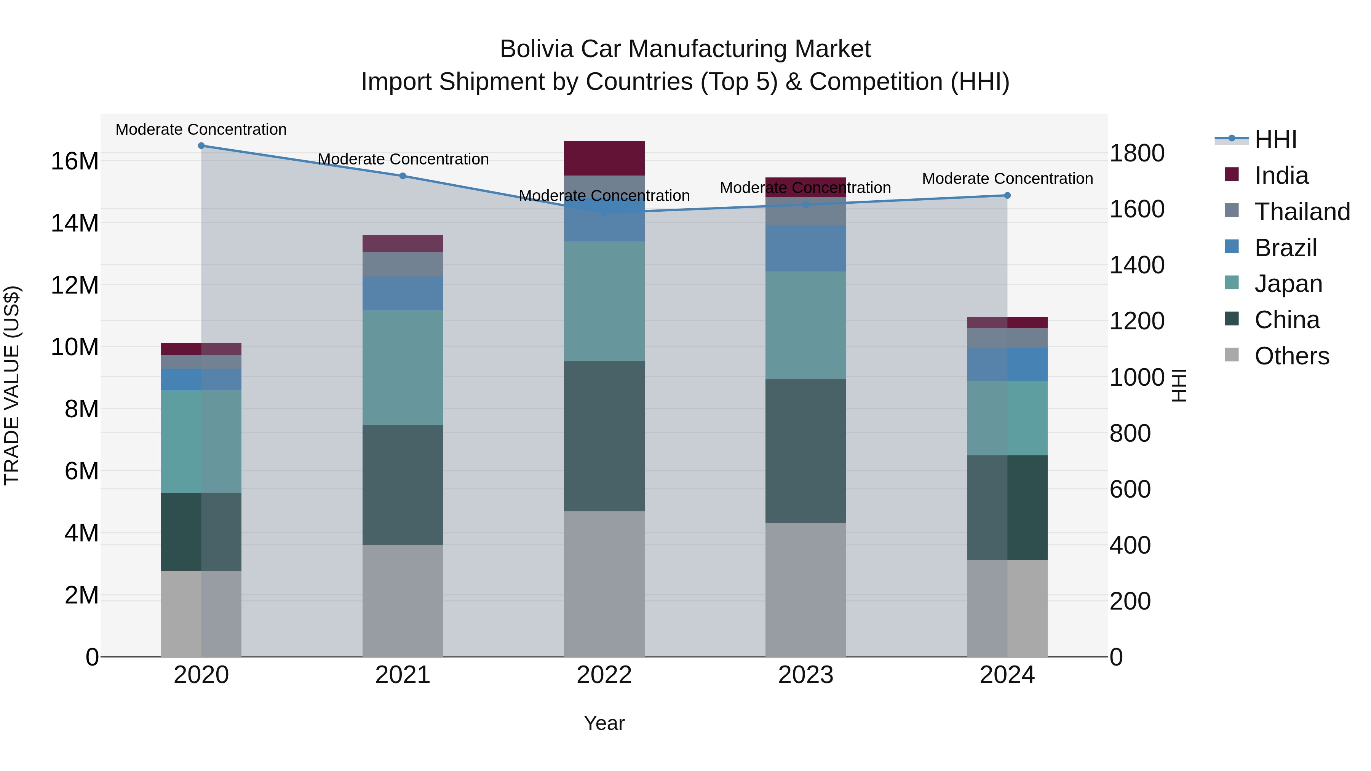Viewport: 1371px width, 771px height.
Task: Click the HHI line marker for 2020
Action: [201, 146]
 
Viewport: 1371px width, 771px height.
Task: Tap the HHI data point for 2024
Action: [1007, 195]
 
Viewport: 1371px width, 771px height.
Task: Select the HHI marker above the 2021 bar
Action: [403, 176]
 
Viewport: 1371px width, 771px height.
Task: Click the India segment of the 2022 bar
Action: [604, 158]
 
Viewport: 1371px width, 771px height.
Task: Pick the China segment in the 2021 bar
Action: [403, 484]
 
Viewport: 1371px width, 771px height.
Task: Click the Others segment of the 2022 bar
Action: [604, 584]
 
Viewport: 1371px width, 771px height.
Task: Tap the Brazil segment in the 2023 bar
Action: [805, 249]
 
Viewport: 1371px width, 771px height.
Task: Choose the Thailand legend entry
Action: [1302, 212]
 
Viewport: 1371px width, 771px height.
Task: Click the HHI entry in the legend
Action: [1275, 140]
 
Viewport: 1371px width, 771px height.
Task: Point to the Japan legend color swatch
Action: [1232, 283]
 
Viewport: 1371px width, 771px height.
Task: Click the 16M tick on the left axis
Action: [75, 161]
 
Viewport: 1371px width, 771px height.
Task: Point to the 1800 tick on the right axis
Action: [1137, 153]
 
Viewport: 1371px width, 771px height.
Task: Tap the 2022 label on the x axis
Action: [604, 675]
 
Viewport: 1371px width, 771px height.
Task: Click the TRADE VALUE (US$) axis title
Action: [12, 385]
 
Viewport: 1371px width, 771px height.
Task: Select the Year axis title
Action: [604, 723]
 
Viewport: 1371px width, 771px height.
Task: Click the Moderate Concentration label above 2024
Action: [1007, 179]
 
